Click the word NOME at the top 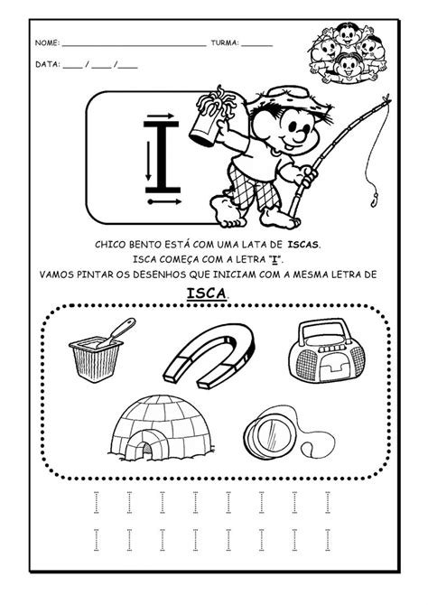coord(47,42)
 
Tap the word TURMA coord(225,42)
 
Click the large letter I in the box coord(163,156)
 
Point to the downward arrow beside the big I coord(148,161)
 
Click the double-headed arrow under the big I coord(164,201)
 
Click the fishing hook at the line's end coord(374,199)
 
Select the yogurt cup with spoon coord(100,351)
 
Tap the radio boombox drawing coord(327,350)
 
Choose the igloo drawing coord(162,429)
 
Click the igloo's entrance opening coord(146,450)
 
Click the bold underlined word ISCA coord(207,293)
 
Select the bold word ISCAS coord(303,245)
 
